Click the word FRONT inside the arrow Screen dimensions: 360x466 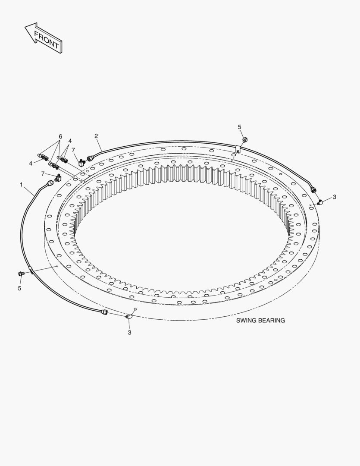(x=46, y=40)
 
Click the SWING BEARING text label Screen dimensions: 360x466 (x=260, y=320)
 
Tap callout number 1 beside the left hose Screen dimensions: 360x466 (x=21, y=185)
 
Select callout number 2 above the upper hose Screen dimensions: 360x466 (x=96, y=136)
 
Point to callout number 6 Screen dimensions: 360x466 (x=60, y=136)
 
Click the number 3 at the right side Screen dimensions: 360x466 (x=335, y=197)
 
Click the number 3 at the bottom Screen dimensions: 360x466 (x=129, y=333)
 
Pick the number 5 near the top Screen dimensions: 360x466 (x=239, y=127)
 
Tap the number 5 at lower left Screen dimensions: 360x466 (x=19, y=288)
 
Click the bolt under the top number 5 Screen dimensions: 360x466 (x=245, y=139)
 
